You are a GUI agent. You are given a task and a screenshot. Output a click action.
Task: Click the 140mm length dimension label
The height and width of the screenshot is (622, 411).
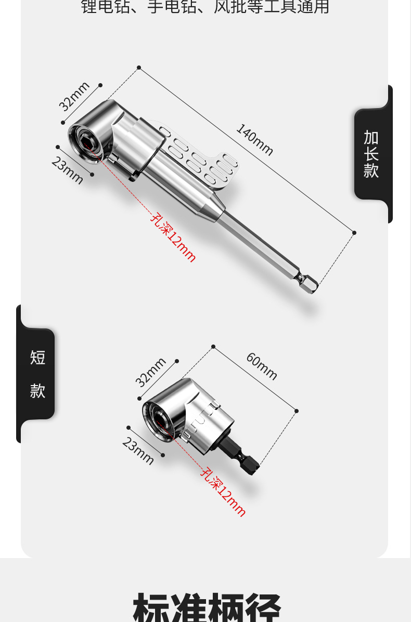click(254, 139)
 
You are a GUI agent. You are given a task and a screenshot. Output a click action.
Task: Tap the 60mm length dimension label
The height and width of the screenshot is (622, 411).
click(261, 366)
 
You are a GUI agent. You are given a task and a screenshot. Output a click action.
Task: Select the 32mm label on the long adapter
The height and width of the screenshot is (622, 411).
click(74, 96)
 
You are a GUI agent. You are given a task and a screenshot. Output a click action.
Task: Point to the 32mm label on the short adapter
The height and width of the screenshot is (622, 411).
click(151, 372)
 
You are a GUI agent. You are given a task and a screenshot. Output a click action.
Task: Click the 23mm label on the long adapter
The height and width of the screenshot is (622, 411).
click(67, 170)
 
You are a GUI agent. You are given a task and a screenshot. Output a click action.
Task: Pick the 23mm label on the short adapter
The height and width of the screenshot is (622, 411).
click(138, 451)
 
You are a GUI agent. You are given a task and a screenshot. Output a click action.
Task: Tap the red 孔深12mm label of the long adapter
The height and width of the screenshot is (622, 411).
click(173, 237)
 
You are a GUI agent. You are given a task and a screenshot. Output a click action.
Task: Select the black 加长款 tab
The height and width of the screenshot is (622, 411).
click(371, 154)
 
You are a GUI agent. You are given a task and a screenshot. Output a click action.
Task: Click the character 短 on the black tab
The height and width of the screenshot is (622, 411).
click(37, 358)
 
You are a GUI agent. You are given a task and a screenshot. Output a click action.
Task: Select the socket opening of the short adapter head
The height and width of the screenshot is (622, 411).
click(160, 419)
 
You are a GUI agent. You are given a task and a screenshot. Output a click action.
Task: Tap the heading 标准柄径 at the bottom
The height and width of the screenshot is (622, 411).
click(207, 607)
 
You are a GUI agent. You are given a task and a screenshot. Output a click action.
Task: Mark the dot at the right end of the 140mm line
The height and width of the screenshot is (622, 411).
click(354, 233)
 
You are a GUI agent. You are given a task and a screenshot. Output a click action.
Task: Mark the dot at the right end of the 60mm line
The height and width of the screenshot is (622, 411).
click(297, 411)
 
